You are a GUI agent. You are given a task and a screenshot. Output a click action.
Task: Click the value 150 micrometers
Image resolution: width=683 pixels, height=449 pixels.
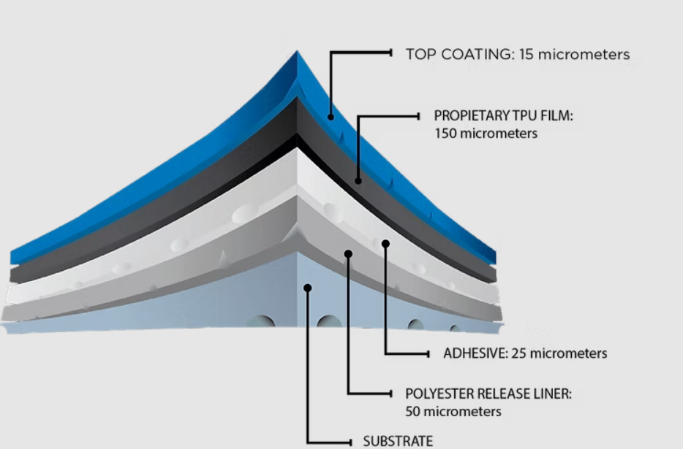click(486, 134)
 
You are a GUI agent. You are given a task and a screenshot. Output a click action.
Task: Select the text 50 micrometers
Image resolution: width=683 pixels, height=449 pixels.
click(453, 412)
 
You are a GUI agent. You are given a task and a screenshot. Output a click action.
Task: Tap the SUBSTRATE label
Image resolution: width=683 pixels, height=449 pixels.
click(398, 441)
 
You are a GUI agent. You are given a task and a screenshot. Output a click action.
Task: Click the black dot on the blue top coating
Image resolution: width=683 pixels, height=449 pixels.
click(331, 116)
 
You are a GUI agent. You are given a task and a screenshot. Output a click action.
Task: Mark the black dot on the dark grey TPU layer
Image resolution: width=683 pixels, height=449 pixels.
click(358, 180)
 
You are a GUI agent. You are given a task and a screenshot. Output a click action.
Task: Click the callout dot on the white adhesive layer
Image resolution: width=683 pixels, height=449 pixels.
click(385, 243)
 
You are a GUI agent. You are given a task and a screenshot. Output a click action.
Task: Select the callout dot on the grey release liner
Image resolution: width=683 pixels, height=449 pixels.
click(348, 254)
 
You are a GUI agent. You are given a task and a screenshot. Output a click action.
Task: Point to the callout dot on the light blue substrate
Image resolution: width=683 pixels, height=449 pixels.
click(308, 288)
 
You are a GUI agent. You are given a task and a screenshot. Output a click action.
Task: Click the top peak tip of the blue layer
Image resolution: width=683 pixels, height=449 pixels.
click(297, 53)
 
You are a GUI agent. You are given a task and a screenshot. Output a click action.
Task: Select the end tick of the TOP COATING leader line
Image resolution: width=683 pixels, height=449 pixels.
click(391, 53)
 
